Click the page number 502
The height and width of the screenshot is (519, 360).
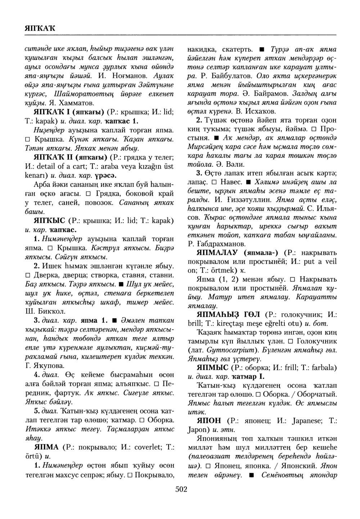pyautogui.click(x=181, y=489)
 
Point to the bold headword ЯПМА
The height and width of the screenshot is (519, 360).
pyautogui.click(x=46, y=447)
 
